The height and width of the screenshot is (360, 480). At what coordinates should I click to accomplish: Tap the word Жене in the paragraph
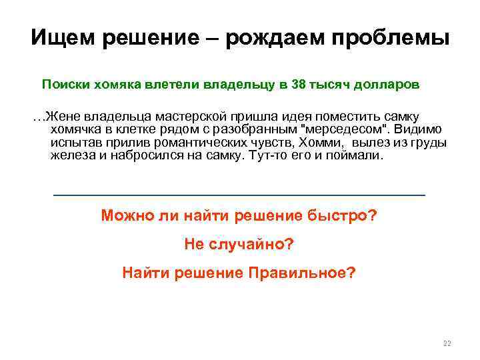(59, 117)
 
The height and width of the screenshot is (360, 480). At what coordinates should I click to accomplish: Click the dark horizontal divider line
(239, 195)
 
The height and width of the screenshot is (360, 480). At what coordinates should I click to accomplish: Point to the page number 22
(447, 343)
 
